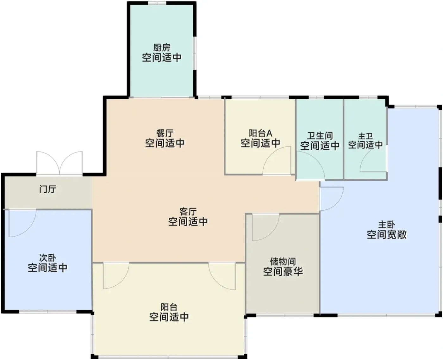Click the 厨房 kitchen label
[x=162, y=47]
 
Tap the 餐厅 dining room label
[x=165, y=133]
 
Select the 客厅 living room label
[x=188, y=212]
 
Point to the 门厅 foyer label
[x=48, y=189]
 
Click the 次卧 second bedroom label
[x=48, y=258]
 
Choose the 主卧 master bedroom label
[x=387, y=225]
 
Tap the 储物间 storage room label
[x=283, y=262]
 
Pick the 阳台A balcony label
[x=261, y=133]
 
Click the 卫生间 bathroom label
[x=320, y=136]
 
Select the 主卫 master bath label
[x=365, y=136]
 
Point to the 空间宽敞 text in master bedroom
[x=387, y=234]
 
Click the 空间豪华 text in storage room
[x=283, y=271]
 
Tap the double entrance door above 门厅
[x=59, y=163]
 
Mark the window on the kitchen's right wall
[x=195, y=53]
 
